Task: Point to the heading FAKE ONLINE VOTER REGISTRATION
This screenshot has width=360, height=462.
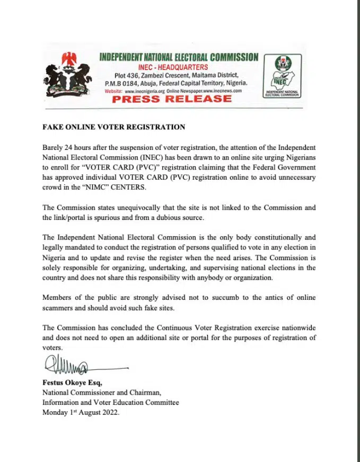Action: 113,127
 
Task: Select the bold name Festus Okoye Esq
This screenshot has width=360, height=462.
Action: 68,383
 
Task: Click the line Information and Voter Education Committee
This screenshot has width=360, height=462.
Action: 110,403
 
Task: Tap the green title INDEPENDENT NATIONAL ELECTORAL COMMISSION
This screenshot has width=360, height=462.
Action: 178,57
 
